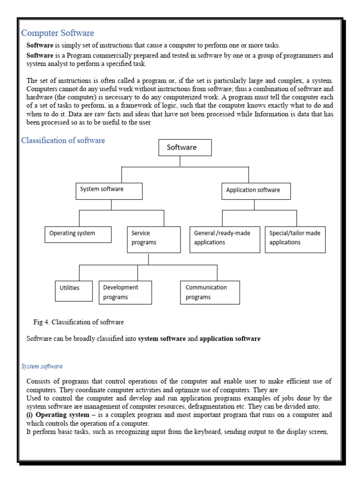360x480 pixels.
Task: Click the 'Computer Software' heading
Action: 58,33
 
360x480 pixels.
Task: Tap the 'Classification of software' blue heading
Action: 63,141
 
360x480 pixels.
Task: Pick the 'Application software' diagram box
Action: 256,191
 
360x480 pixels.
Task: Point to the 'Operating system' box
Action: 78,234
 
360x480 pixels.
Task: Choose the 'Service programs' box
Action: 153,240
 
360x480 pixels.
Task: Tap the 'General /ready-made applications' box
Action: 225,240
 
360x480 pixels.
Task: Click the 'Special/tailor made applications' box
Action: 295,240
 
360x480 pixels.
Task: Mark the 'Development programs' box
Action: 125,292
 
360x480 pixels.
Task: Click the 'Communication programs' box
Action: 210,292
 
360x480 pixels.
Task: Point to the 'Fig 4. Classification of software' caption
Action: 79,322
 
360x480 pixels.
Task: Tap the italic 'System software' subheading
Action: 42,366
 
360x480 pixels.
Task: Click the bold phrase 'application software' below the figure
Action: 230,338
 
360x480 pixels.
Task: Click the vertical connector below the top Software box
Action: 180,161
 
